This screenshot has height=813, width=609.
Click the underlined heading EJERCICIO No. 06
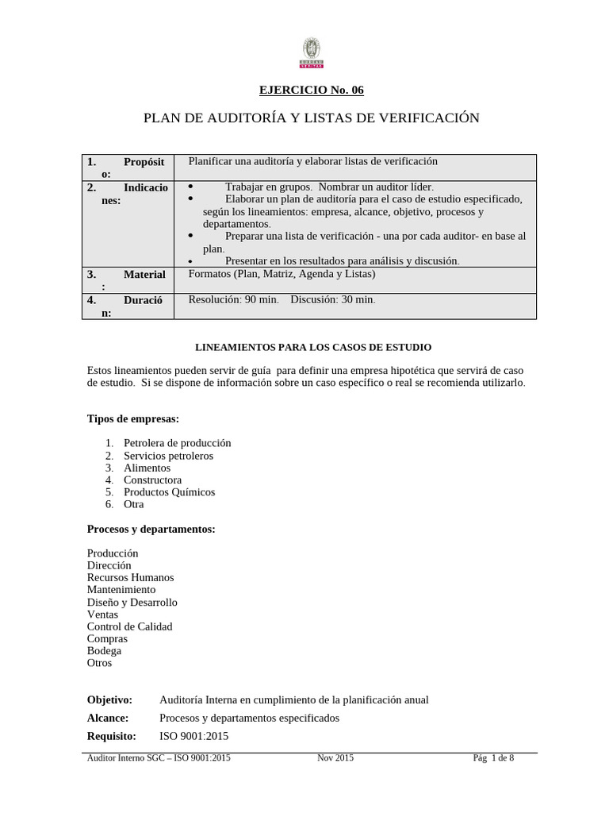(312, 90)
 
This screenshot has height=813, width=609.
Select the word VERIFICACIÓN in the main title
(420, 118)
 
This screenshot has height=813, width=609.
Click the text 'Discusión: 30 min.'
(333, 299)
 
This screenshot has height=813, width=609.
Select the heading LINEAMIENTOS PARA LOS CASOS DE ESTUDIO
(312, 347)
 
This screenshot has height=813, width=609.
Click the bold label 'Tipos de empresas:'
(132, 418)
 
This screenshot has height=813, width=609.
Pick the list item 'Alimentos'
(147, 468)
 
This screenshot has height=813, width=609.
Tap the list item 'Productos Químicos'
(169, 492)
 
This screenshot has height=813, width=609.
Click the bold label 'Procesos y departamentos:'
(151, 529)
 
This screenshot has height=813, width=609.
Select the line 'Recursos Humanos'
(130, 577)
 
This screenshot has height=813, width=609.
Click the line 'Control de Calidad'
(129, 626)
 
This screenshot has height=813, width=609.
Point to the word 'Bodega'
(104, 650)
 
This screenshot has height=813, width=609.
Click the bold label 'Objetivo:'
(109, 699)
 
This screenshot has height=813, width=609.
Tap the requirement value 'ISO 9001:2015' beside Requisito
(194, 736)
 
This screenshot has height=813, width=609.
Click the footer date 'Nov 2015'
(335, 758)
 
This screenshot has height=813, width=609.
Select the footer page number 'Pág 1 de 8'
(492, 758)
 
